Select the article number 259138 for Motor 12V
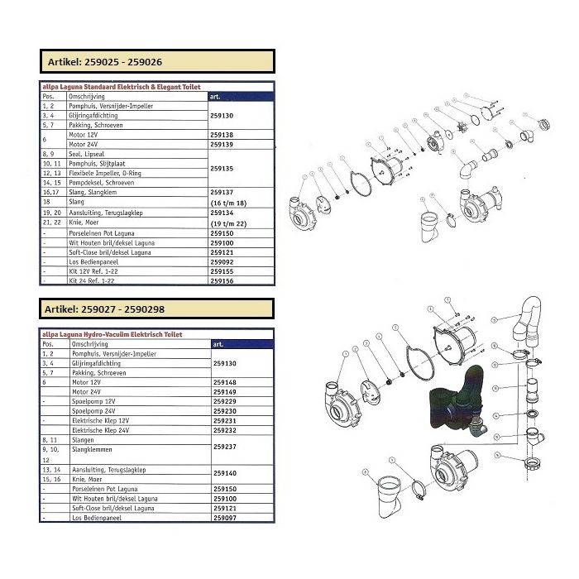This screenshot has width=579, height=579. (222, 133)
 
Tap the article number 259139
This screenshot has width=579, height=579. (222, 144)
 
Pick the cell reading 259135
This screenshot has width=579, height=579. (222, 168)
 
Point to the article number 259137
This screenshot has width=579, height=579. (222, 191)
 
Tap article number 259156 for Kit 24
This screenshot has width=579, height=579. (222, 281)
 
